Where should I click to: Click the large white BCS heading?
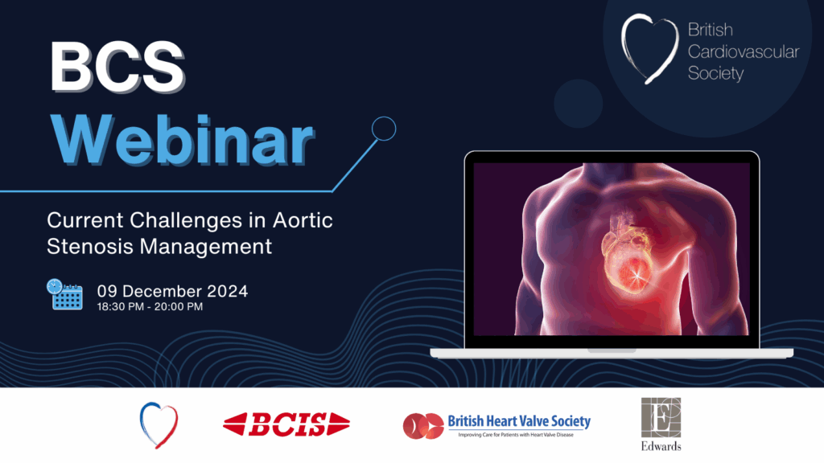pyautogui.click(x=117, y=68)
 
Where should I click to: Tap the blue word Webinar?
pyautogui.click(x=182, y=141)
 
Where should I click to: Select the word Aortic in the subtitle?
pyautogui.click(x=303, y=220)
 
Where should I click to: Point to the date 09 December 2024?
pyautogui.click(x=172, y=291)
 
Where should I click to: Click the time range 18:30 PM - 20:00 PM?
pyautogui.click(x=150, y=307)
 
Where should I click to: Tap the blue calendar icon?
pyautogui.click(x=64, y=294)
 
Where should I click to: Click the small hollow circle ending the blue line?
pyautogui.click(x=384, y=129)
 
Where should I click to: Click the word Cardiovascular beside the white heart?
pyautogui.click(x=743, y=51)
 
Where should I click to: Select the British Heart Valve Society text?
pyautogui.click(x=519, y=421)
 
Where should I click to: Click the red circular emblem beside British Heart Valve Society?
pyautogui.click(x=423, y=426)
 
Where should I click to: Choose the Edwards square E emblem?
pyautogui.click(x=661, y=418)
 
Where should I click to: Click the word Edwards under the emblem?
pyautogui.click(x=661, y=446)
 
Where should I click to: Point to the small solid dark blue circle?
pyautogui.click(x=578, y=104)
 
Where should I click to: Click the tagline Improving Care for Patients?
pyautogui.click(x=516, y=435)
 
